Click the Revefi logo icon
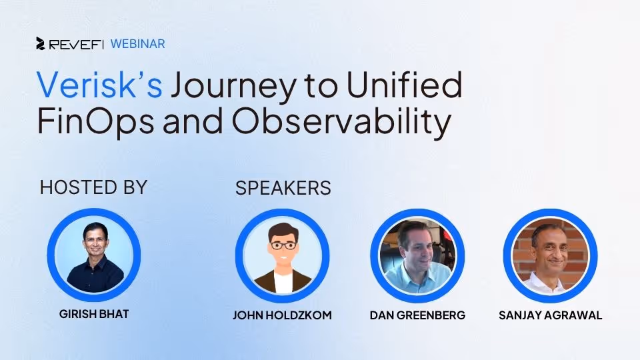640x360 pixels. [41, 44]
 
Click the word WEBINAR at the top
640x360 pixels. [138, 44]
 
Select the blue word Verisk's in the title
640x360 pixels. [99, 85]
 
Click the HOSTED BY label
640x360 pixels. [93, 187]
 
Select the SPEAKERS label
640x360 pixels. [283, 189]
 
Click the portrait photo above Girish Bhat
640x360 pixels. [93, 255]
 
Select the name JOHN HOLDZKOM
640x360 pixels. [282, 315]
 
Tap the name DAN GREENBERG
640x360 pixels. [417, 315]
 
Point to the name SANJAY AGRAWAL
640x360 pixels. [550, 315]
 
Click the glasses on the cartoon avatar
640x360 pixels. [283, 245]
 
